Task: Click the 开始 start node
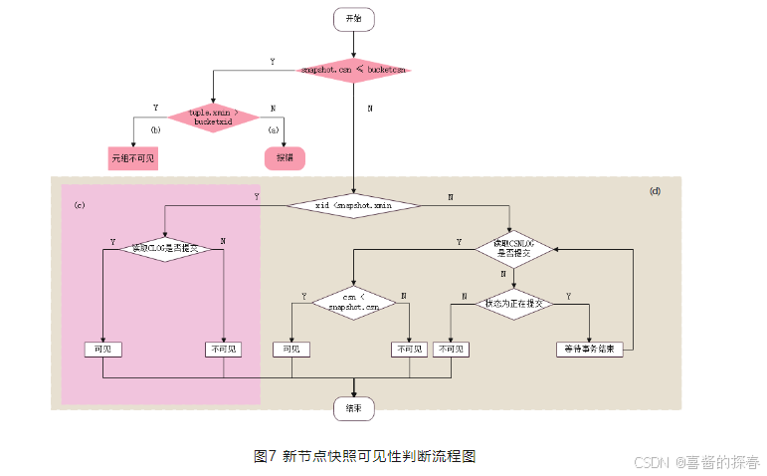click(353, 19)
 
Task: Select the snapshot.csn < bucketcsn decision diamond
click(354, 70)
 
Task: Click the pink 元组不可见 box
click(133, 157)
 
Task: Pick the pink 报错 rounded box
click(285, 157)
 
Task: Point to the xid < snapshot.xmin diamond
click(353, 204)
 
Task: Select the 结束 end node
click(353, 407)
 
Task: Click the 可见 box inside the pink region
click(102, 350)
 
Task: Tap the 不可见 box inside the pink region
click(223, 350)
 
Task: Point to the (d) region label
click(655, 190)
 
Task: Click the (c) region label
click(79, 204)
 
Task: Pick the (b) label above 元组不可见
click(155, 130)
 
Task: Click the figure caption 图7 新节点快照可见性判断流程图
click(365, 456)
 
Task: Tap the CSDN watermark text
click(695, 462)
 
